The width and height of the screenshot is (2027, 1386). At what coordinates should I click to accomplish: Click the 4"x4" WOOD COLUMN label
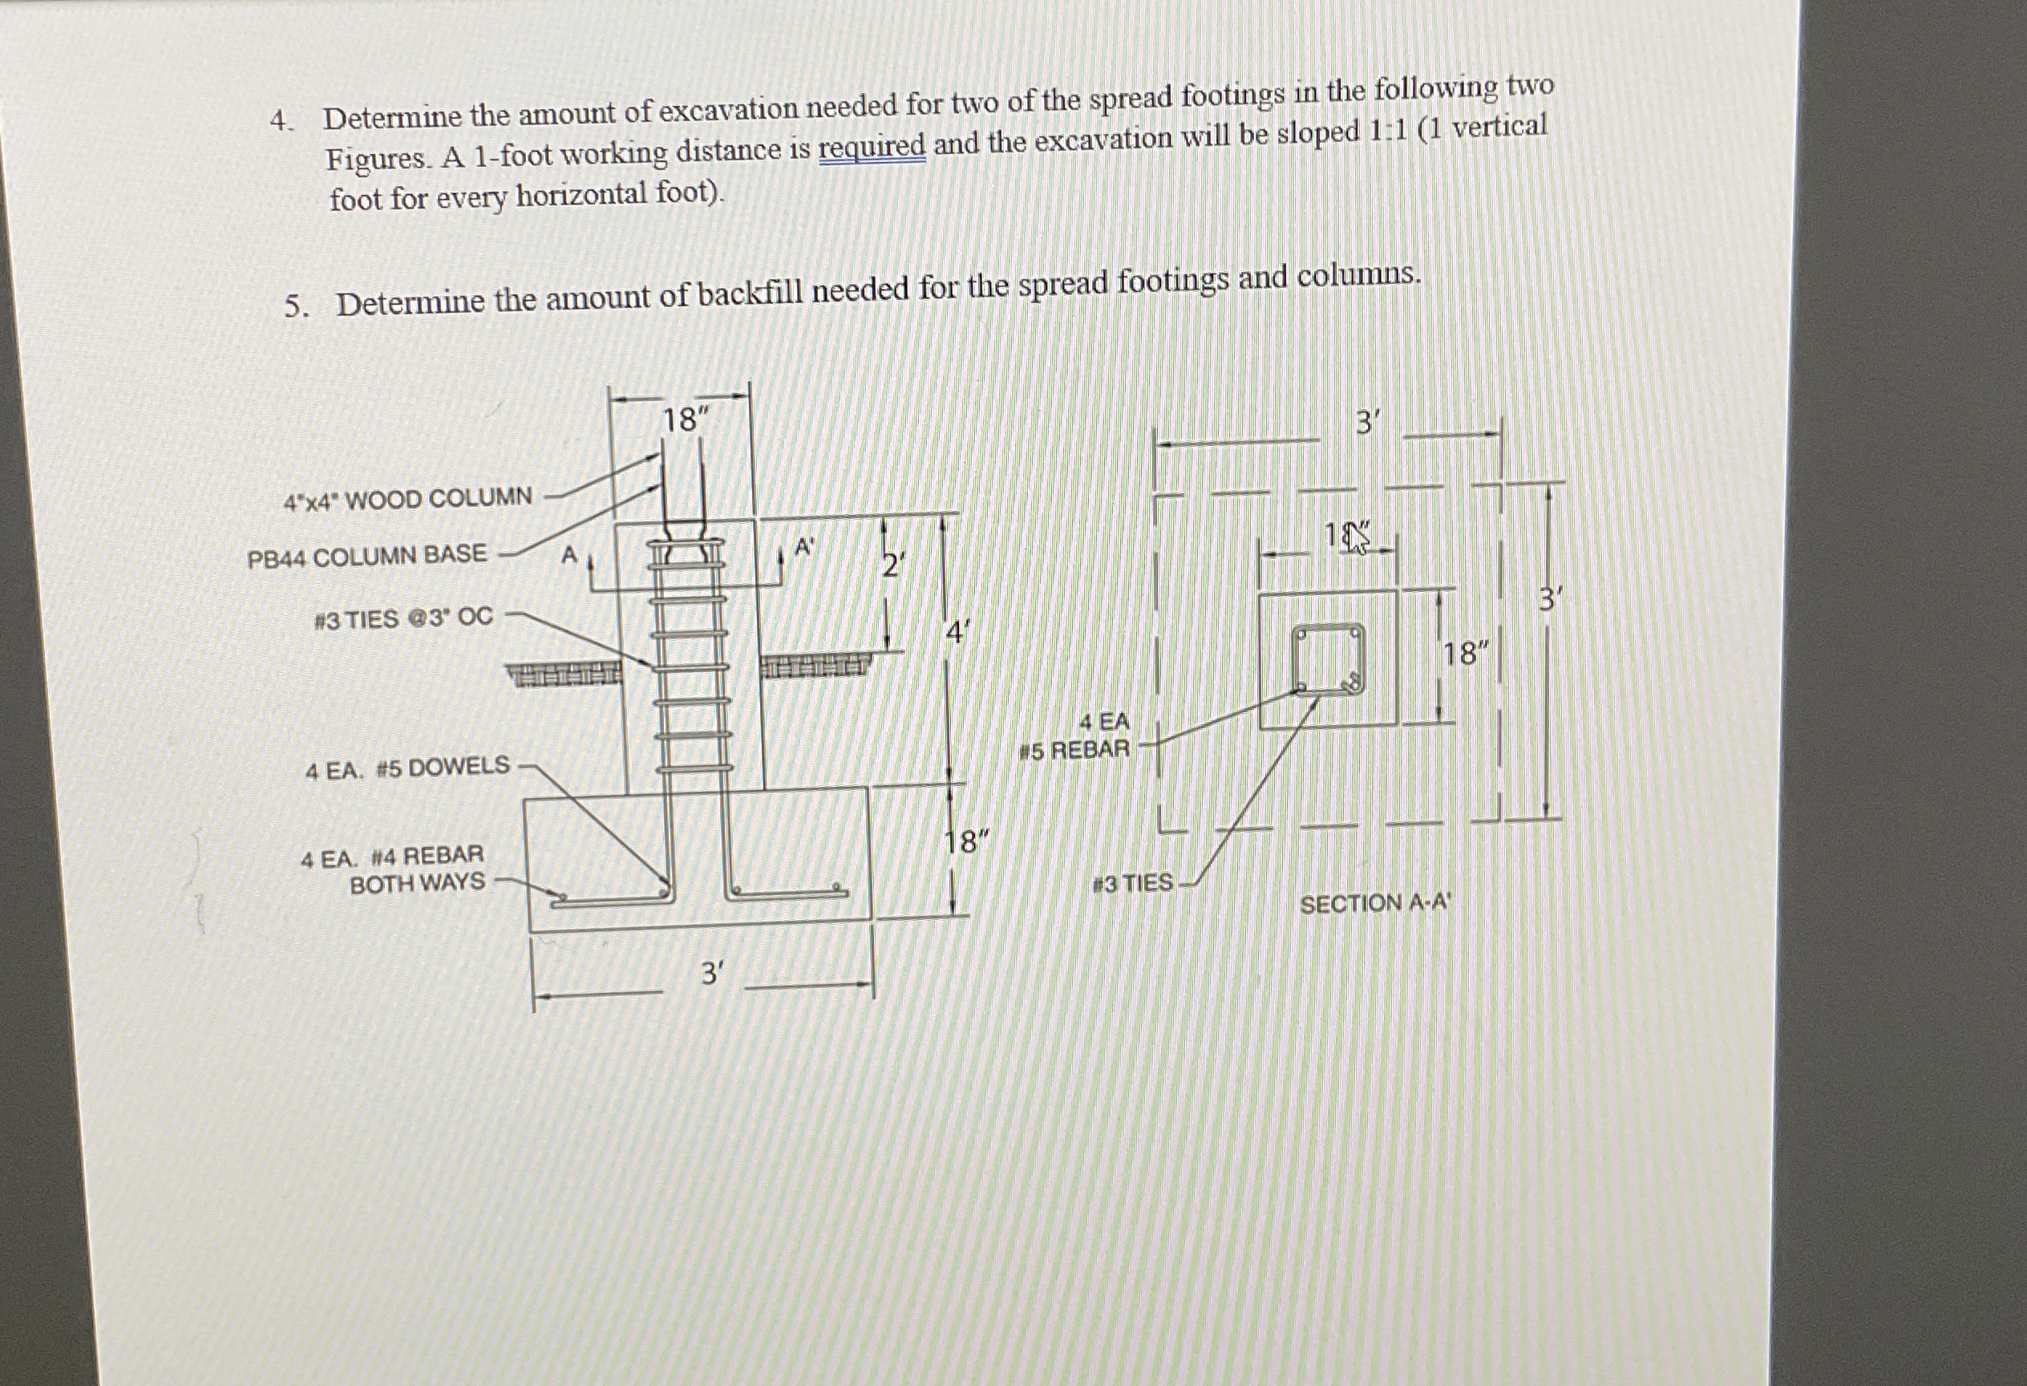click(x=407, y=500)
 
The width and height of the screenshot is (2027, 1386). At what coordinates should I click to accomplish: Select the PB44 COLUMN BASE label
click(x=367, y=556)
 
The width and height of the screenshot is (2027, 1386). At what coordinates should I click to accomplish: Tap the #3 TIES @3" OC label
click(x=403, y=618)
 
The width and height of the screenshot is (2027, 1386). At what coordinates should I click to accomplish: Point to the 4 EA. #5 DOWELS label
click(x=407, y=768)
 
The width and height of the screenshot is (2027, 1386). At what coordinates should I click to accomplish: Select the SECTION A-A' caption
click(x=1375, y=904)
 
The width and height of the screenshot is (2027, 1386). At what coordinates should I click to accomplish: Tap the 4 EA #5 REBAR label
click(x=1075, y=736)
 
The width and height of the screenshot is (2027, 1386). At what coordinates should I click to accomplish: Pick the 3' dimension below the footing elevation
click(x=712, y=973)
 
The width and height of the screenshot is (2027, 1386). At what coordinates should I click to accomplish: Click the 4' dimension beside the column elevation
click(x=957, y=631)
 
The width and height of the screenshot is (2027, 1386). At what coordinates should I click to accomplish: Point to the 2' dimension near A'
click(x=890, y=567)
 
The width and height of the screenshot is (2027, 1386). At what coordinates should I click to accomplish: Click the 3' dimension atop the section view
click(x=1368, y=425)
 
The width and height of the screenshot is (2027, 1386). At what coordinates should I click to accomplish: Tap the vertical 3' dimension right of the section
click(x=1549, y=600)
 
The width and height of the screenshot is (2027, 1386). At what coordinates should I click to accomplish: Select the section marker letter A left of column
click(x=568, y=555)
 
